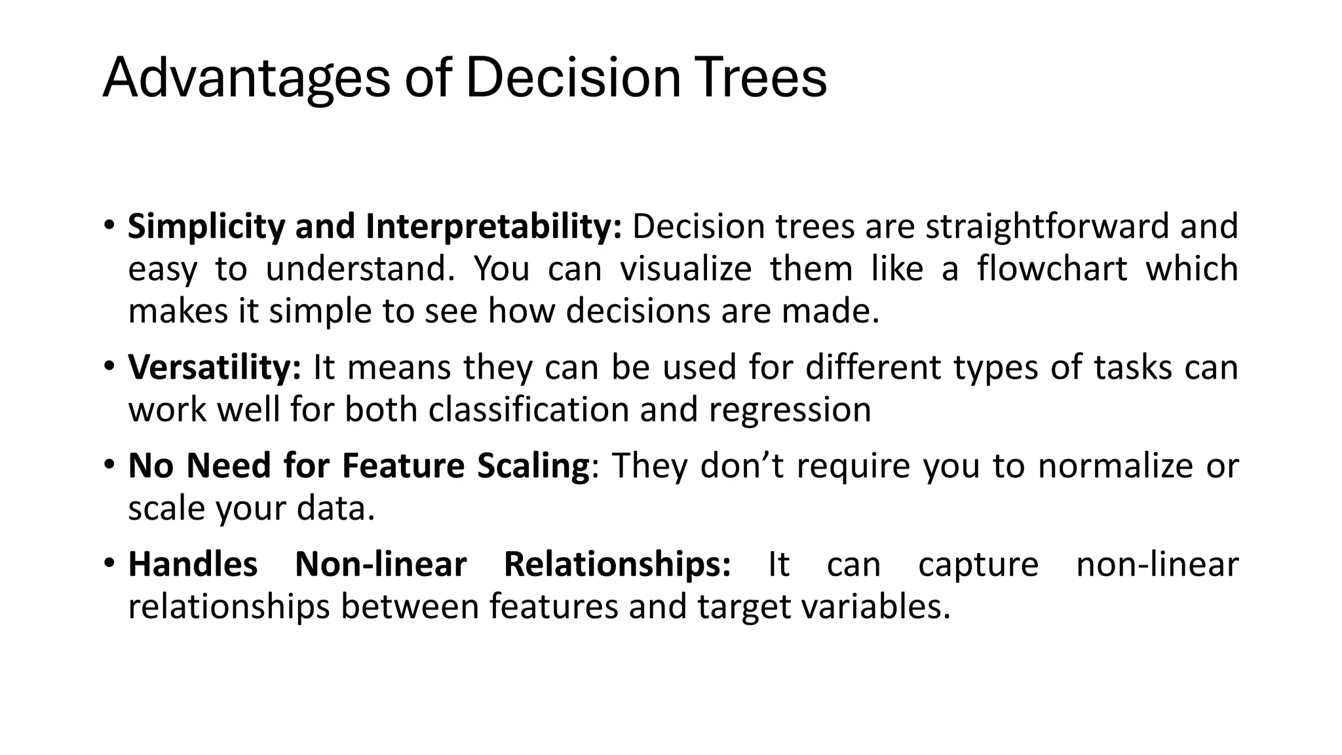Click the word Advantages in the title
pyautogui.click(x=246, y=79)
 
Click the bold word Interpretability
pyautogui.click(x=493, y=227)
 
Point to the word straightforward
pyautogui.click(x=1047, y=227)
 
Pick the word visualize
pyautogui.click(x=685, y=269)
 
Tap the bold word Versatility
pyautogui.click(x=214, y=367)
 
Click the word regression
pyautogui.click(x=790, y=410)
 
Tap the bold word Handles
pyautogui.click(x=193, y=564)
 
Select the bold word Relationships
pyautogui.click(x=617, y=564)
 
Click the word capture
pyautogui.click(x=978, y=564)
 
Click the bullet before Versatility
pyautogui.click(x=109, y=366)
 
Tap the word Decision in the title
pyautogui.click(x=573, y=79)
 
